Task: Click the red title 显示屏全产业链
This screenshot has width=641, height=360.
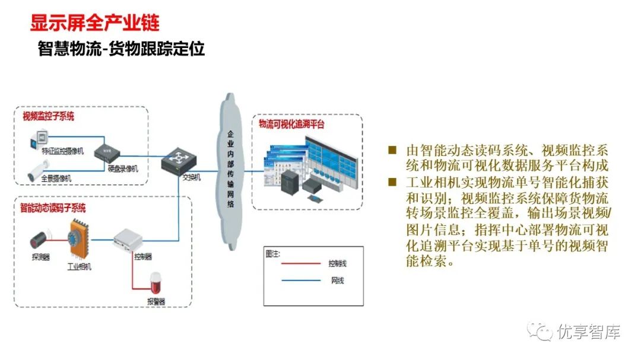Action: (x=94, y=23)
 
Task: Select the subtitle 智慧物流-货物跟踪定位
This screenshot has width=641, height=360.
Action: (x=121, y=49)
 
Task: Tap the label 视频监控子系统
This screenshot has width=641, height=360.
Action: (x=48, y=117)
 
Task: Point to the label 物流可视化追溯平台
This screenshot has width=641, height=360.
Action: (x=291, y=125)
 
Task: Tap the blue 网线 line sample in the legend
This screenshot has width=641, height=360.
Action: (x=301, y=280)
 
